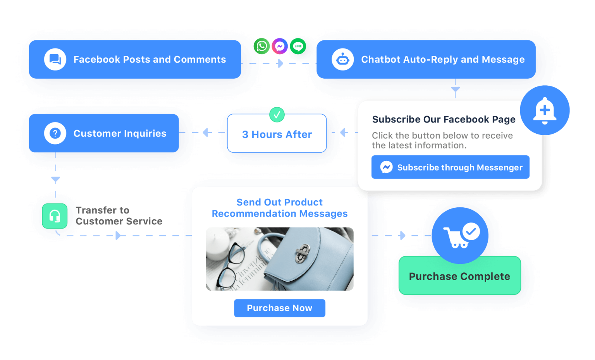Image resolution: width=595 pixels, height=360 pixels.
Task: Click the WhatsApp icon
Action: (x=261, y=46)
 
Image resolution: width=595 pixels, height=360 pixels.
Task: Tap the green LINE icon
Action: (x=298, y=46)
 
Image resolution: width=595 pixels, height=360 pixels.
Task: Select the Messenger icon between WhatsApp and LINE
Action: (x=280, y=46)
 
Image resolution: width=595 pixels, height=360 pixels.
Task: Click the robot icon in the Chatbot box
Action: (x=342, y=59)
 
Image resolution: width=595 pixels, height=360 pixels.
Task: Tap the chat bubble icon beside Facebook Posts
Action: (x=55, y=59)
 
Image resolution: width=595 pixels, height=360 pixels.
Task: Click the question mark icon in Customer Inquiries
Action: (x=55, y=133)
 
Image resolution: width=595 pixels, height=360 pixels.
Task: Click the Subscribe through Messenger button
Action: (x=450, y=167)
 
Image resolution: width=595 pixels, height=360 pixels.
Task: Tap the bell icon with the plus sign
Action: (x=545, y=110)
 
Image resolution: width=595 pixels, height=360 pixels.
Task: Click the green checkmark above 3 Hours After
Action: (x=277, y=115)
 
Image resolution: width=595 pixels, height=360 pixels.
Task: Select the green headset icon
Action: (x=55, y=216)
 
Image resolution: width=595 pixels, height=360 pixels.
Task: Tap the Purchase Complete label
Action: (x=459, y=276)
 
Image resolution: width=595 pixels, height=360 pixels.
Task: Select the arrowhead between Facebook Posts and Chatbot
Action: (x=280, y=63)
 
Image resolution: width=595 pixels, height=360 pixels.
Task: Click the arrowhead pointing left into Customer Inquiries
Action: (x=206, y=132)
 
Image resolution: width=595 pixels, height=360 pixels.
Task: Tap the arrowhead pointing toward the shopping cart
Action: (x=403, y=235)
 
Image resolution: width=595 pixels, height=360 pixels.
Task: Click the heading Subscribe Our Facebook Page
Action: (x=444, y=120)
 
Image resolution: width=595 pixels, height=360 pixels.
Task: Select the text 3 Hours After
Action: (x=277, y=134)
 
